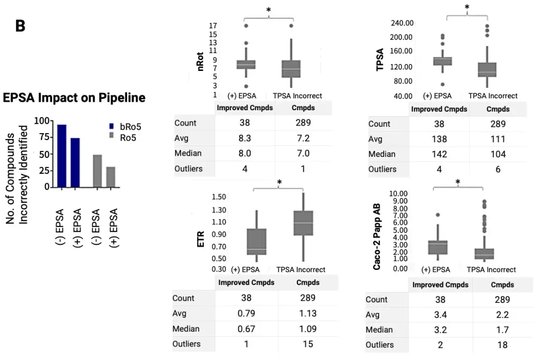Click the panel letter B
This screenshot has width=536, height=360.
[x=20, y=26]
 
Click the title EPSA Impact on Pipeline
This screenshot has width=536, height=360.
[x=74, y=98]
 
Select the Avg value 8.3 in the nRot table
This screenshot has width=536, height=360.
[x=245, y=138]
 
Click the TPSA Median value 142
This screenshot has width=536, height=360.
[x=439, y=154]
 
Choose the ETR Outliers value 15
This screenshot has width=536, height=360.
[x=308, y=344]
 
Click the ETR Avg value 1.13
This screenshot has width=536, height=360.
[x=308, y=314]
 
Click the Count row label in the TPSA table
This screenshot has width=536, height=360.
[x=380, y=124]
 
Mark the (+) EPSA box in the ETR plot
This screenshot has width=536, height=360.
[x=257, y=242]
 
